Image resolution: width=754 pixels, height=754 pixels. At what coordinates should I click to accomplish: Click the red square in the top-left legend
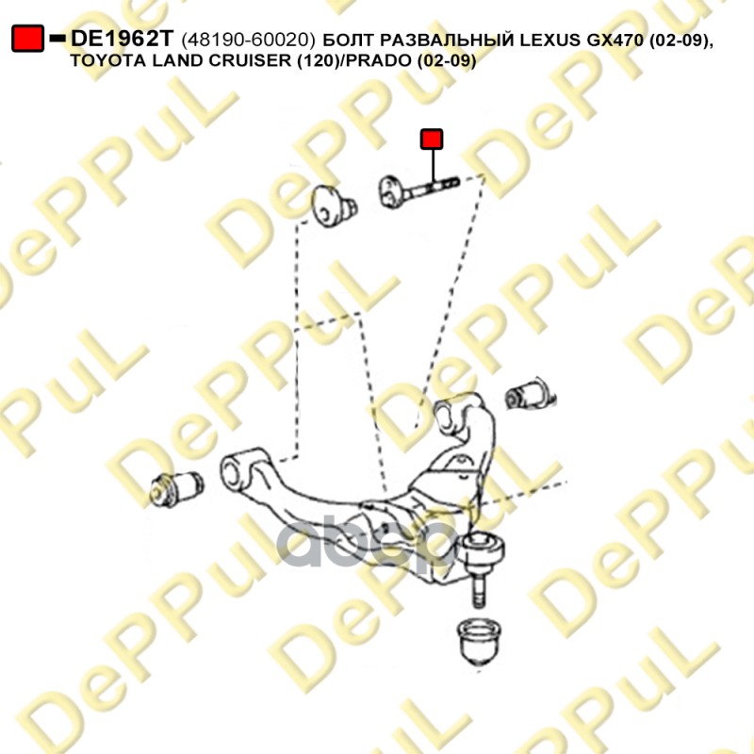point(28,39)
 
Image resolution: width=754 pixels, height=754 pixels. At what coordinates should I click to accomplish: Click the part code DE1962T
point(122,39)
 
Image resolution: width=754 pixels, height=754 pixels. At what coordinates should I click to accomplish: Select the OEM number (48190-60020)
point(249,41)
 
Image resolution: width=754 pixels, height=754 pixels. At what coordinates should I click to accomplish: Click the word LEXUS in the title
point(550,40)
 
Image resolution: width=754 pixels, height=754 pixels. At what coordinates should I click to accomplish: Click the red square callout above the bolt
point(432,139)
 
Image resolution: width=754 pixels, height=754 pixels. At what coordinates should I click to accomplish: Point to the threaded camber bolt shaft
point(432,188)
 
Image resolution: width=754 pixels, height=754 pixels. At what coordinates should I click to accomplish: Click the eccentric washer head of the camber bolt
point(391,193)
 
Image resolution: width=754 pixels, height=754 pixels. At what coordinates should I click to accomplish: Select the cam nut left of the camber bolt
point(333,206)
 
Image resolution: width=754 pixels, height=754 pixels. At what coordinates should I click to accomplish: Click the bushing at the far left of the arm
point(176,488)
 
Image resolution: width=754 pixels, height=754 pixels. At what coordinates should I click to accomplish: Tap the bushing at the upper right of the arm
point(530,395)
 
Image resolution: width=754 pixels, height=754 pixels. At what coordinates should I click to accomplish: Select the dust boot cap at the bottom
point(480,642)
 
